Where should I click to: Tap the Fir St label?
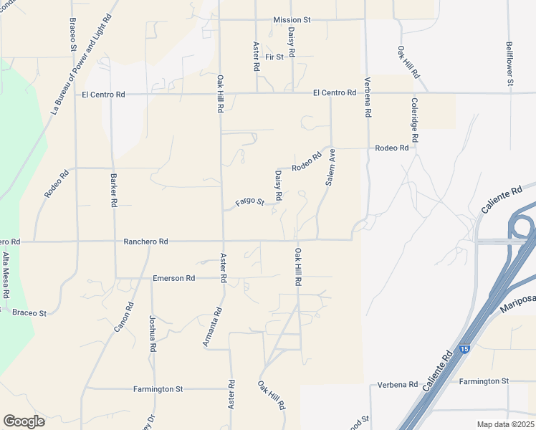(x=274, y=56)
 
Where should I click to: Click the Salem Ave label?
(x=330, y=168)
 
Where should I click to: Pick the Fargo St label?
(x=250, y=203)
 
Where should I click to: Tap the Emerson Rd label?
(x=173, y=278)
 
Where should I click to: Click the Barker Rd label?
(x=113, y=190)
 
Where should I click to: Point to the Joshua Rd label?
(x=153, y=333)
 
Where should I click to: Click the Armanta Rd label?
(x=213, y=328)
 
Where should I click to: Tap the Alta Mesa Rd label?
(x=6, y=274)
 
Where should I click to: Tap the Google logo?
(x=24, y=421)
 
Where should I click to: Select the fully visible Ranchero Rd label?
(x=145, y=242)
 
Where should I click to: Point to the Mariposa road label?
(x=517, y=303)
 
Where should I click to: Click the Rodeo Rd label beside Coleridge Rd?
(x=391, y=148)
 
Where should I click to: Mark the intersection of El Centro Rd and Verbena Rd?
(x=366, y=93)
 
